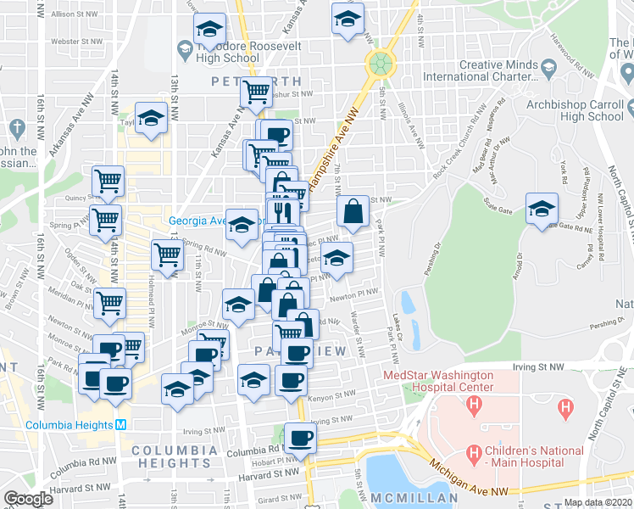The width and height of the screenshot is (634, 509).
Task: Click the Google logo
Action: (28, 499)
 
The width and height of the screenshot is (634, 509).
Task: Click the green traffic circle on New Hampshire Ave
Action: (381, 62)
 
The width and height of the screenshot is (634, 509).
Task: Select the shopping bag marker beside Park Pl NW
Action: (353, 212)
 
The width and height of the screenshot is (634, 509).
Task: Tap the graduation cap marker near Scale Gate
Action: (542, 209)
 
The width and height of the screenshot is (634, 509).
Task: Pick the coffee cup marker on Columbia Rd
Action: (299, 438)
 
